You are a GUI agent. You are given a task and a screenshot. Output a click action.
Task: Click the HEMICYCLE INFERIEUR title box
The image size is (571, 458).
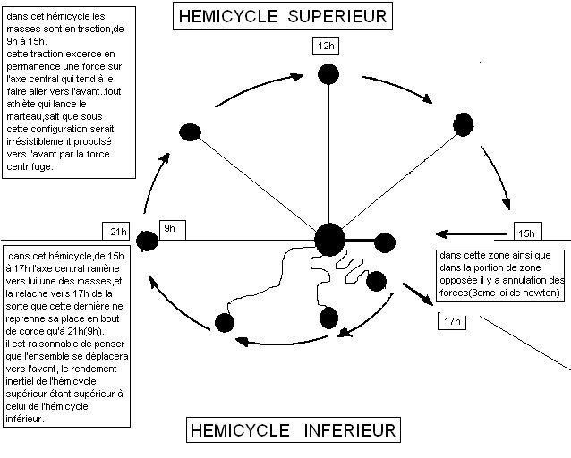point(292,430)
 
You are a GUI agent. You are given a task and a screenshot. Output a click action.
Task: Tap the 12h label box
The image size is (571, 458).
point(326,46)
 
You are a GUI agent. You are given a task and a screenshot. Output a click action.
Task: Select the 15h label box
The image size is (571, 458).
point(526,233)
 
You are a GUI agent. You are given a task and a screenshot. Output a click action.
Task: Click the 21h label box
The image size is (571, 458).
point(116,233)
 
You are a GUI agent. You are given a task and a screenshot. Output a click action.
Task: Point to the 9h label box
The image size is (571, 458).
point(169,229)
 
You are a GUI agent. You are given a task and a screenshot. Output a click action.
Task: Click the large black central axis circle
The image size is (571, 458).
point(329,239)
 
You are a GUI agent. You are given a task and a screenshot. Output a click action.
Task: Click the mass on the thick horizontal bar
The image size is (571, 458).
point(384,242)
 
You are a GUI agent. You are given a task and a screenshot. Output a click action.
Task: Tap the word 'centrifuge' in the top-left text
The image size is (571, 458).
point(32,166)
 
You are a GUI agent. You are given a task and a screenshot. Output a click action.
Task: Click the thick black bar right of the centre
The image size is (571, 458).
point(358,240)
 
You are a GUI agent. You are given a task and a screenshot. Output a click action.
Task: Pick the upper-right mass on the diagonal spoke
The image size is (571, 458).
point(462,123)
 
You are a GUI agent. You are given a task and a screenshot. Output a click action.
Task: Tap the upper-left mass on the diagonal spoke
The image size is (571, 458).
point(190,132)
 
